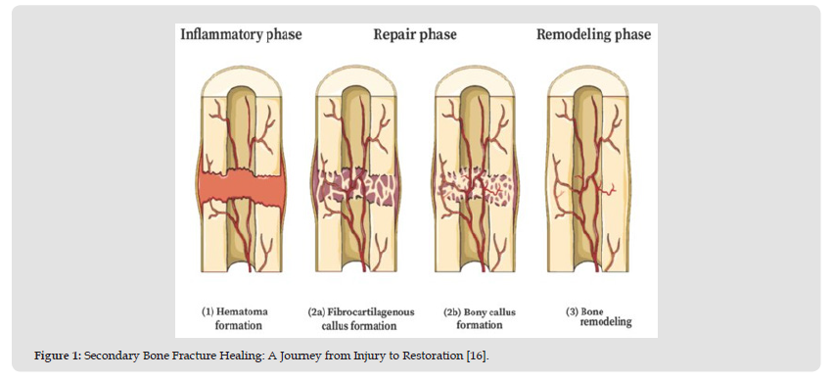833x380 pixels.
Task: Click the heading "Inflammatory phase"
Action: point(241,34)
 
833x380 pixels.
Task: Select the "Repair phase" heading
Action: point(415,34)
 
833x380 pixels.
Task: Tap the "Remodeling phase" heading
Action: point(593,34)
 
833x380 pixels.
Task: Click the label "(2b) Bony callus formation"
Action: point(480,318)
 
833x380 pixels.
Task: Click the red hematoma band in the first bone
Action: point(242,186)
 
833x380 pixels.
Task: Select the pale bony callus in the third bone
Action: point(477,188)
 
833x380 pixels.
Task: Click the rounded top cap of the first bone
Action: point(242,82)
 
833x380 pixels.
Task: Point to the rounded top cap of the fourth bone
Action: point(588,82)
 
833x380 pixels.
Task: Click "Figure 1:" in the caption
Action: point(57,356)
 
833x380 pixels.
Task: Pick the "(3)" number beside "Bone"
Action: point(572,311)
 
